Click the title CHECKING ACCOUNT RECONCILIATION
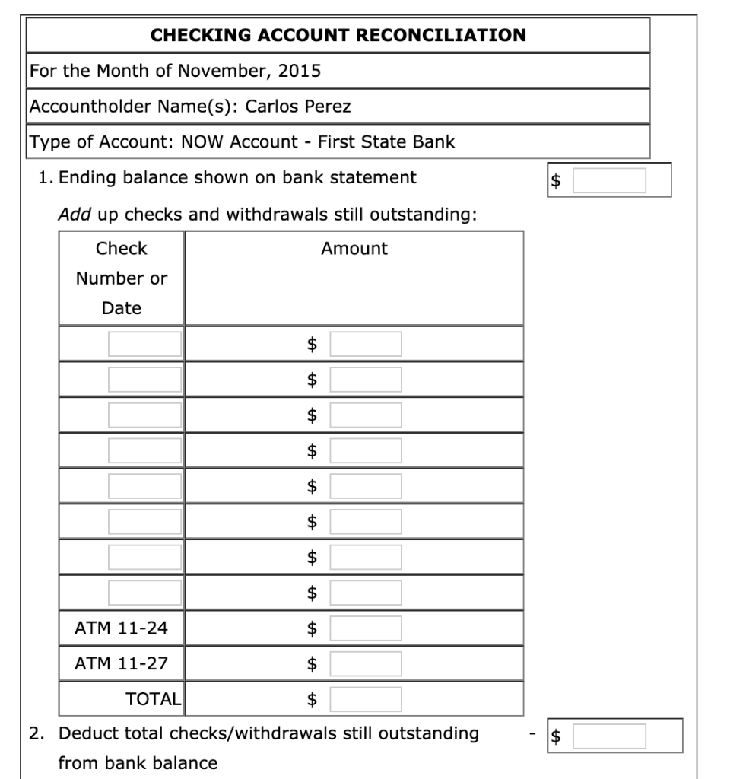(x=338, y=35)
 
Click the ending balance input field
(x=609, y=180)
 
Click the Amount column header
(x=354, y=249)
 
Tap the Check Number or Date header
(x=122, y=278)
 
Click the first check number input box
(x=144, y=344)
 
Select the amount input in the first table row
(x=365, y=344)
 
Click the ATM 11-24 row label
(x=122, y=628)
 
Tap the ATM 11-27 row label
(x=122, y=663)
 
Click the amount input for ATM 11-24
(x=365, y=628)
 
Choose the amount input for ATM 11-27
(x=365, y=663)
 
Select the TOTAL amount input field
(x=365, y=698)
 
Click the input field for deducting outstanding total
(x=609, y=736)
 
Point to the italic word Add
(x=75, y=215)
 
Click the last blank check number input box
(x=144, y=593)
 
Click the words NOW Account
(x=240, y=141)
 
